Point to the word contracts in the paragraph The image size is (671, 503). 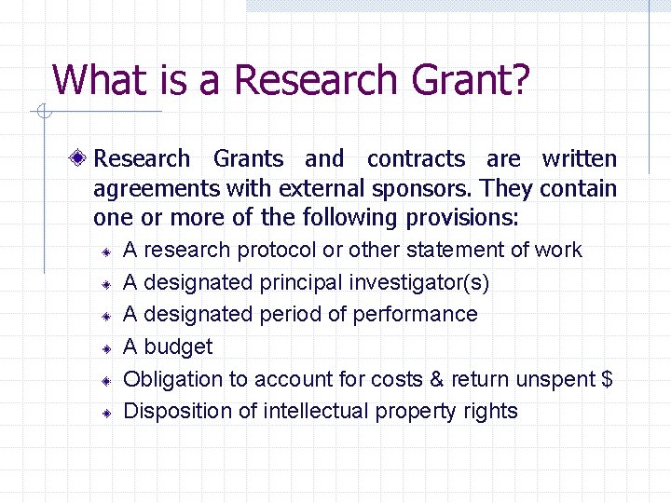(x=416, y=159)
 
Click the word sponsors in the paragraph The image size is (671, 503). (x=427, y=189)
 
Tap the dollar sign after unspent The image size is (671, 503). (x=607, y=379)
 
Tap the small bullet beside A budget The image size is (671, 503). (x=107, y=348)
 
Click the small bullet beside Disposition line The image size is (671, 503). (x=107, y=413)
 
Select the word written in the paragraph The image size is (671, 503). (x=579, y=159)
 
